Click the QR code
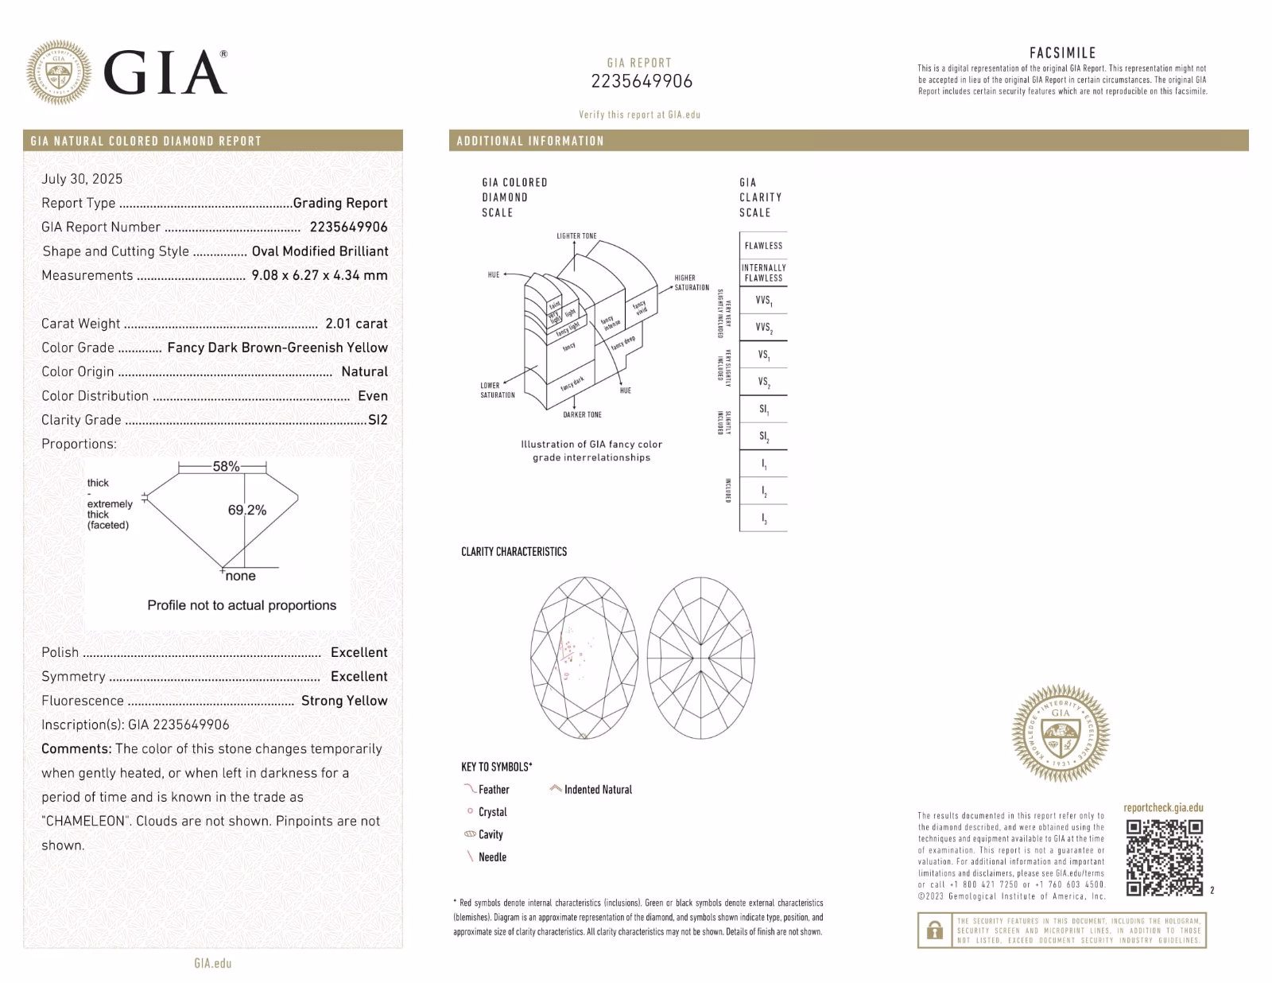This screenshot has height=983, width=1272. (1165, 857)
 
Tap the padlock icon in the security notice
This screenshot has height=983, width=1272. (935, 930)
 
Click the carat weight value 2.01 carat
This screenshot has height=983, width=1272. (356, 324)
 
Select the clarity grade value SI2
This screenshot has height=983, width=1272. (378, 420)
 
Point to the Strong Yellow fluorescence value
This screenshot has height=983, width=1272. (344, 701)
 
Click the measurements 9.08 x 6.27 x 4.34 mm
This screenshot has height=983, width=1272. (320, 275)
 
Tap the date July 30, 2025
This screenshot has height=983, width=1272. (82, 179)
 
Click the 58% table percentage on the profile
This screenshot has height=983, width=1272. (226, 467)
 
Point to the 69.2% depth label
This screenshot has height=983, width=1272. (247, 510)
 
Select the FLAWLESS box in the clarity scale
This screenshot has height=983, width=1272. (763, 246)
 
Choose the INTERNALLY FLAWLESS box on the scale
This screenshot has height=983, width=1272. (763, 273)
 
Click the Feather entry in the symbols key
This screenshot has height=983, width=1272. (493, 790)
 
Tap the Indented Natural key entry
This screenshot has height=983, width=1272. (598, 790)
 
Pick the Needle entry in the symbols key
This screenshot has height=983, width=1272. (492, 857)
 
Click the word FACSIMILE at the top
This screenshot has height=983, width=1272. (1062, 53)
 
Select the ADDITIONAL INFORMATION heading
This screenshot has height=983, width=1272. (530, 141)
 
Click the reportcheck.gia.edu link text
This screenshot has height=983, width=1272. (1163, 808)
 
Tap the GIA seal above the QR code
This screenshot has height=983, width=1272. (1061, 733)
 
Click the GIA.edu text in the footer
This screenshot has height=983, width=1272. (213, 963)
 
